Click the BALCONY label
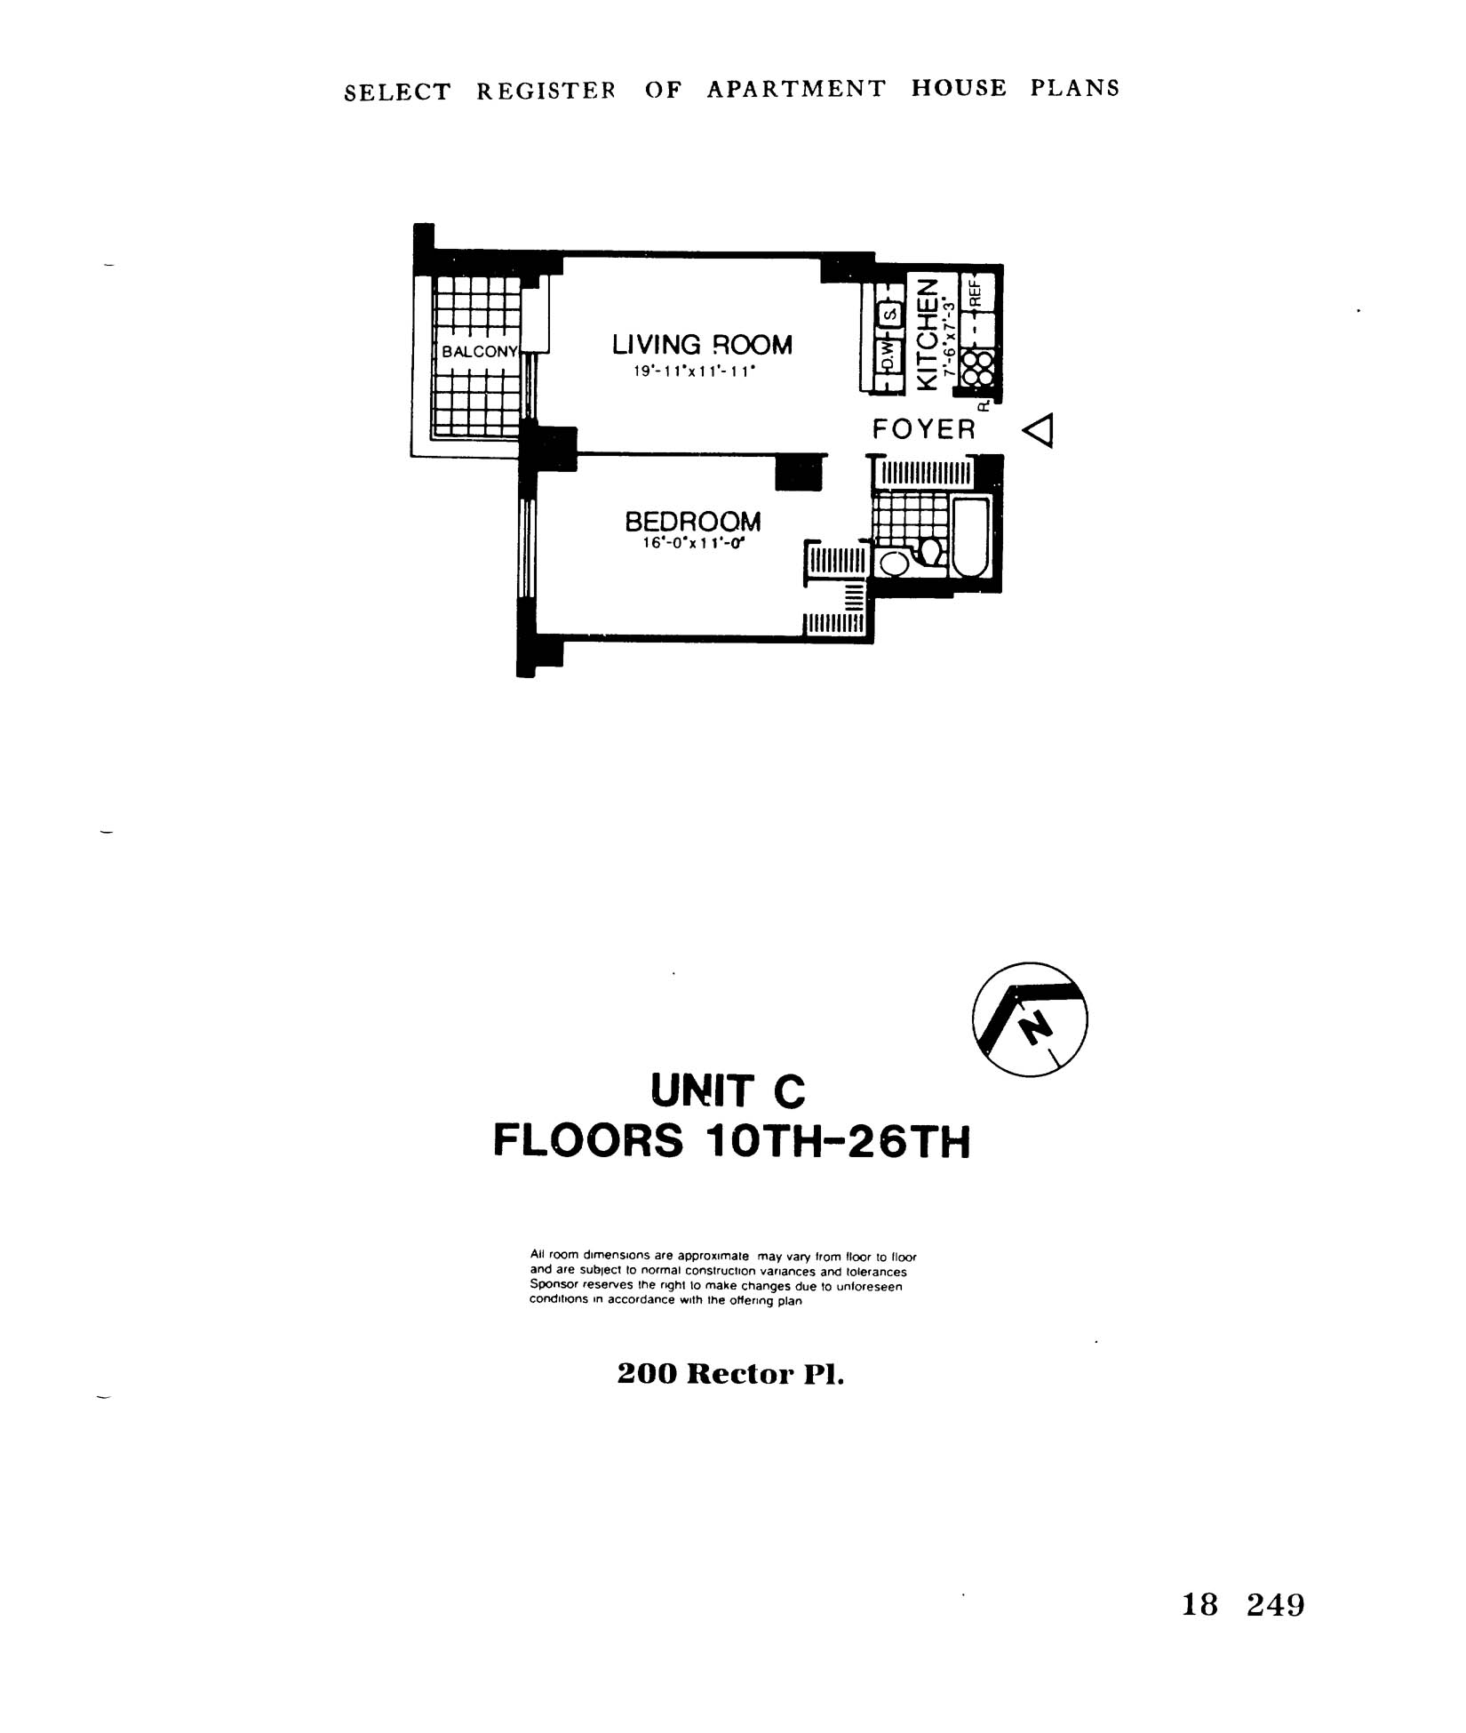pos(479,352)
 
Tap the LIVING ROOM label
pos(702,345)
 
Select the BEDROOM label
pos(693,521)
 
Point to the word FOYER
pos(924,430)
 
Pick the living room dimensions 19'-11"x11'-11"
pos(694,372)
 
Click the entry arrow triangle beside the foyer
pos(1039,431)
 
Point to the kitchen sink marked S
pos(887,313)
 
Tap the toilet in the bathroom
pos(929,551)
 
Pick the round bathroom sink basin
pos(893,563)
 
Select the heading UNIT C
pos(729,1091)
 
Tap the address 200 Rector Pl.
pos(730,1375)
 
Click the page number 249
pos(1275,1605)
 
